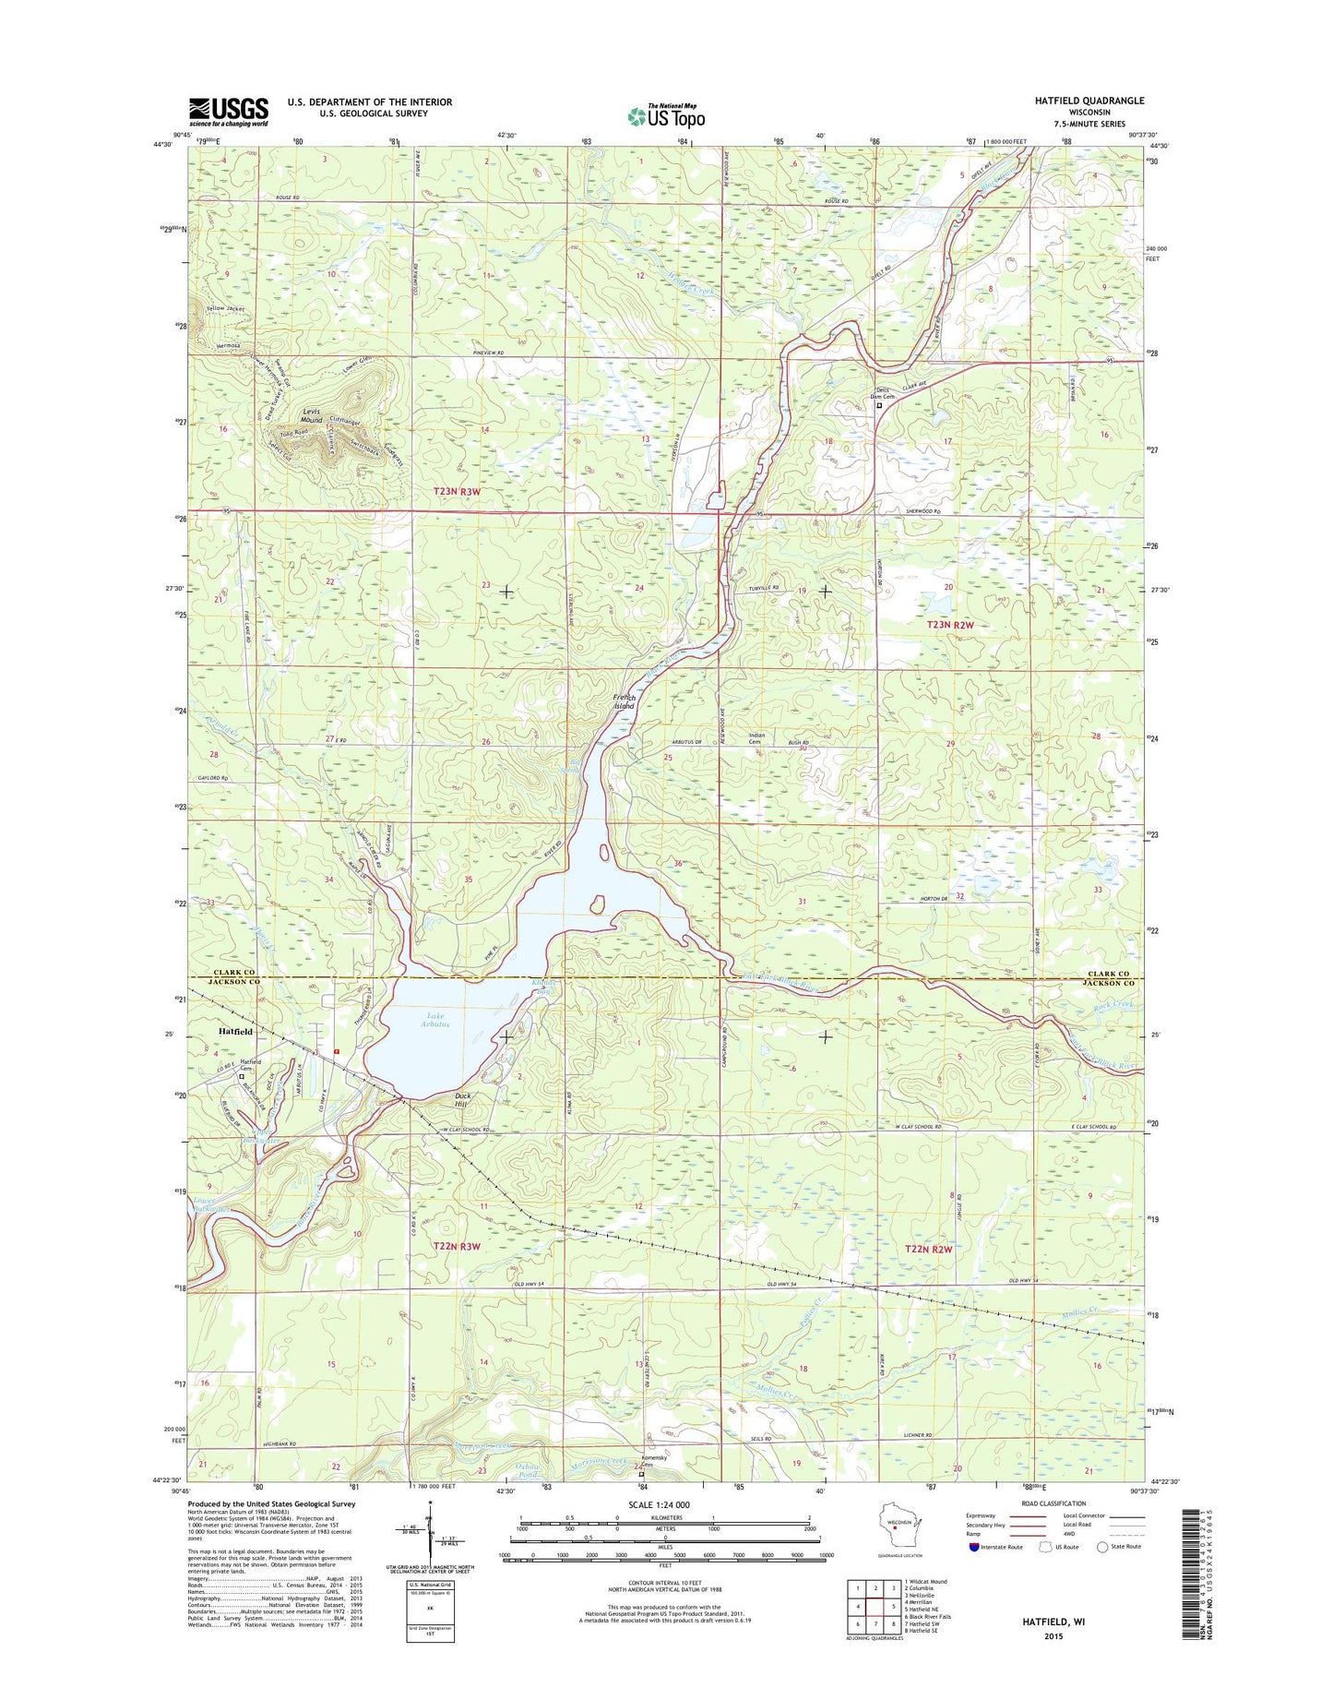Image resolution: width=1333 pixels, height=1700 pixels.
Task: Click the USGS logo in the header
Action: (x=228, y=111)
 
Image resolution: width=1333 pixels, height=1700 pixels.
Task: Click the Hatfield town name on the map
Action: (x=234, y=1031)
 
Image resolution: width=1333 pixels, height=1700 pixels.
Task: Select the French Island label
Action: (x=625, y=701)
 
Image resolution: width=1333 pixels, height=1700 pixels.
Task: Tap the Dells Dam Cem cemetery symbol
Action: (x=878, y=405)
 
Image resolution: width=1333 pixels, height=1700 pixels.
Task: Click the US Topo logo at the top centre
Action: (x=666, y=116)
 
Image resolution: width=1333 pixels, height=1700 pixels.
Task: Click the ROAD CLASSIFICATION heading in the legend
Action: (x=1054, y=1503)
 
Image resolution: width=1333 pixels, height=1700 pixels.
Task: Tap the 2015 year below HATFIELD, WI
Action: (x=1054, y=1636)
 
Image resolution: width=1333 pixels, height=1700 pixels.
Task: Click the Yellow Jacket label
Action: (x=225, y=308)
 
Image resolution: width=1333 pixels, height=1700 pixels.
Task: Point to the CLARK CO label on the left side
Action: (x=235, y=972)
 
